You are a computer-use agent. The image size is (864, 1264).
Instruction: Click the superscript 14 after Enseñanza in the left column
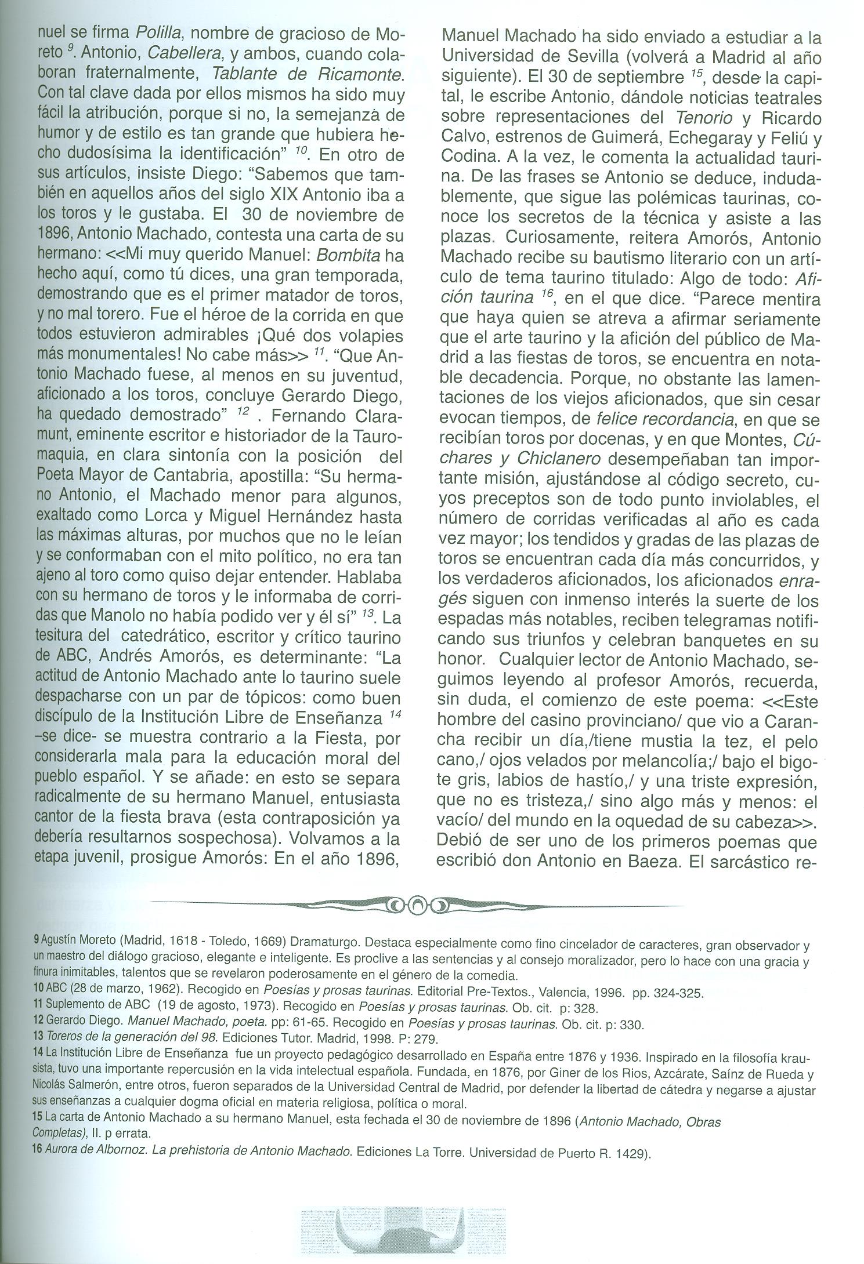point(395,717)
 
